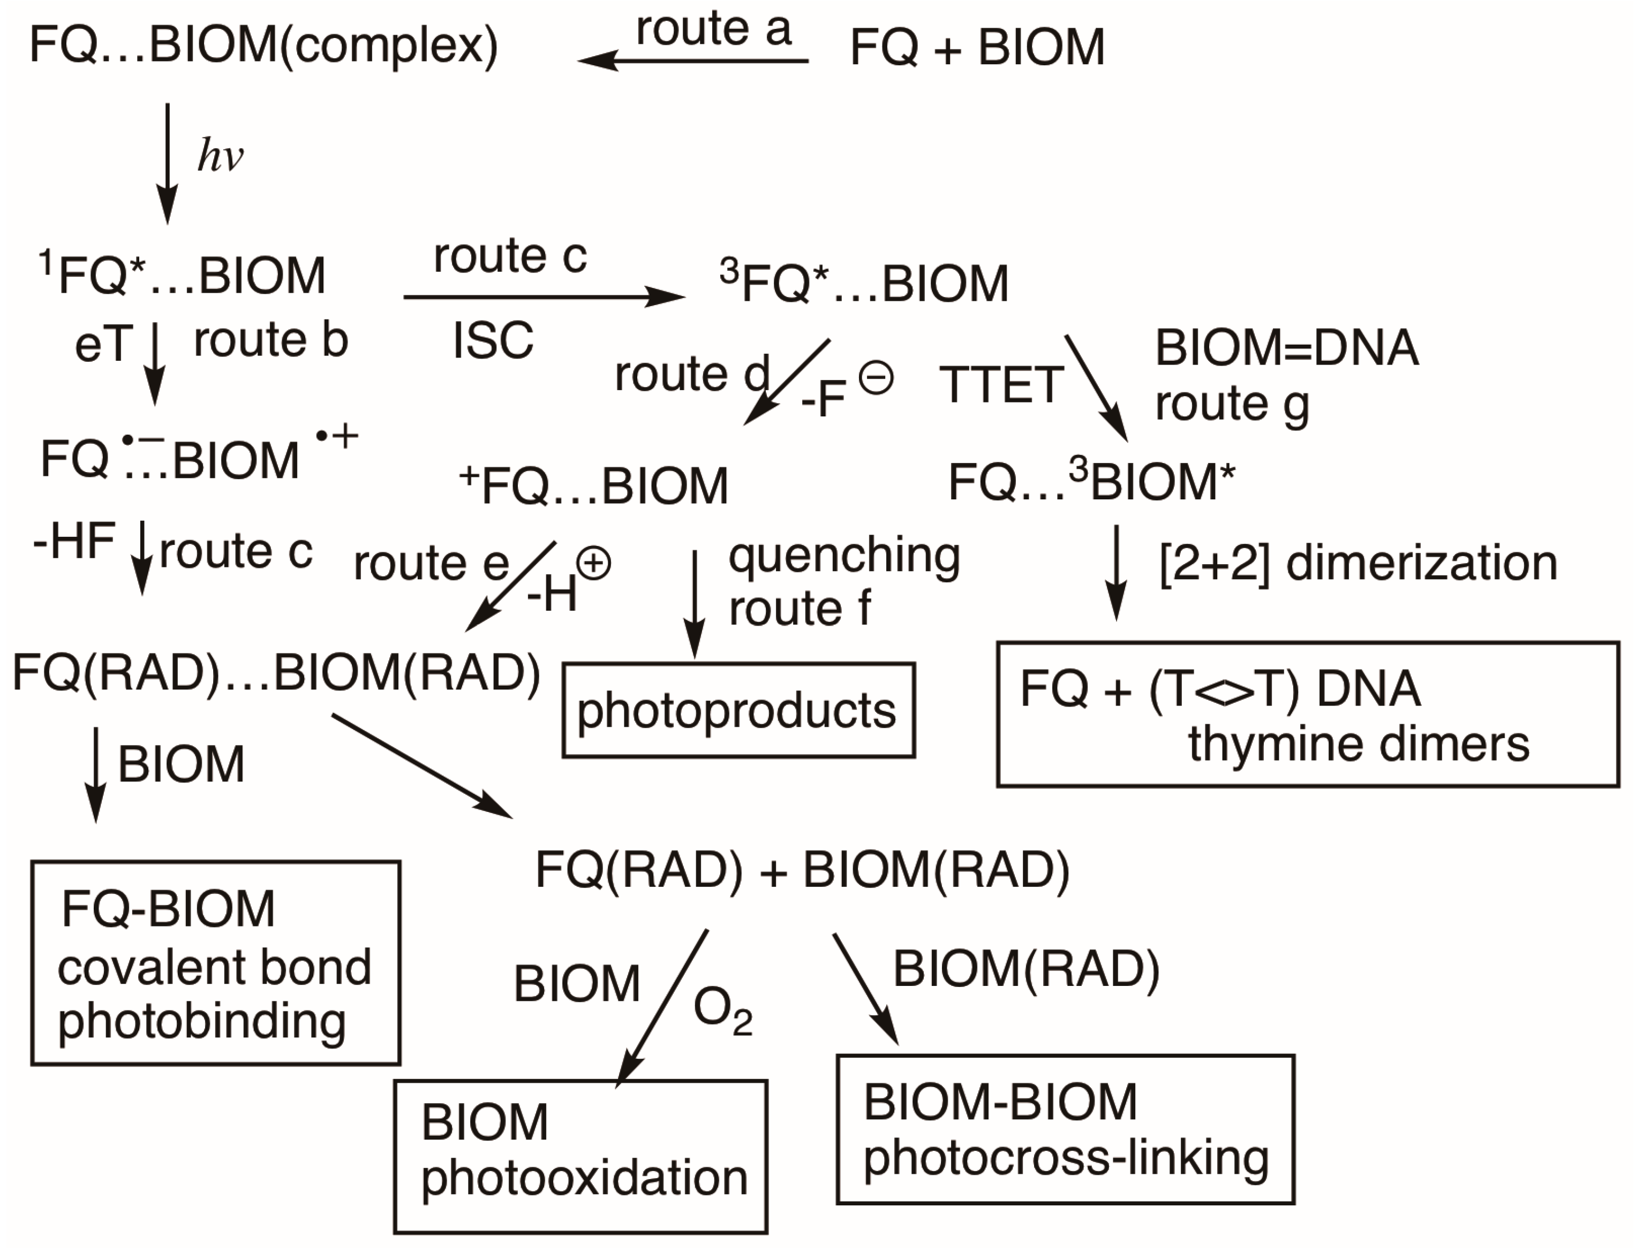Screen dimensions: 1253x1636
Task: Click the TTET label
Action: pos(1001,385)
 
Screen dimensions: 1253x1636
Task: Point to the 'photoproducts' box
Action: pos(738,710)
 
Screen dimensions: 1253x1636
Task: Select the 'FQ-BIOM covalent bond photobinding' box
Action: pos(216,963)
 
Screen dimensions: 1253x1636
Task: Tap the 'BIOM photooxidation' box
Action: pos(580,1156)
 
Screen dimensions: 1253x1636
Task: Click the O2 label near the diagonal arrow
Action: pos(722,1012)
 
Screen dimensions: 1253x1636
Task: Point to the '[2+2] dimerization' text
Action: pos(1358,563)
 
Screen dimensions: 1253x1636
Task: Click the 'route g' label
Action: pos(1232,404)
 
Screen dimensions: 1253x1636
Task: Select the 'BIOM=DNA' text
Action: pos(1286,348)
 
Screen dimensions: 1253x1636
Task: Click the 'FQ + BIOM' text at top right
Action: pos(977,47)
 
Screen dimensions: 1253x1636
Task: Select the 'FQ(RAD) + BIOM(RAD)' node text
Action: pos(802,870)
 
